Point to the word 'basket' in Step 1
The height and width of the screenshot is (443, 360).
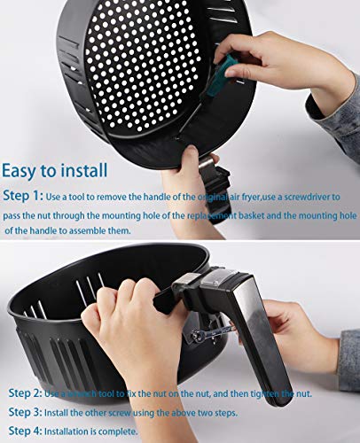[221, 214]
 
